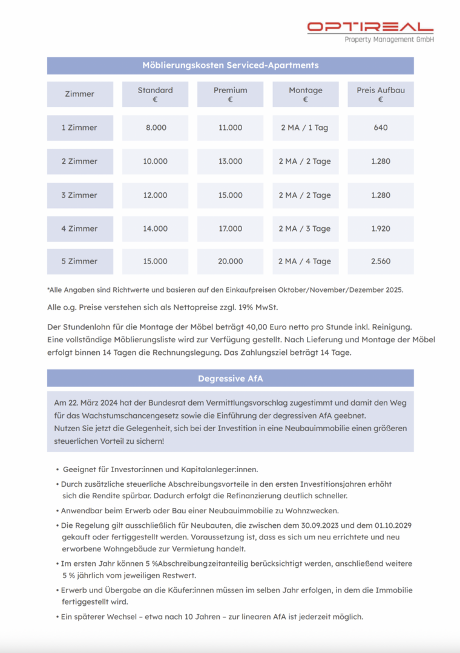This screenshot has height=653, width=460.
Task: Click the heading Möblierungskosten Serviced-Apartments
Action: pos(230,65)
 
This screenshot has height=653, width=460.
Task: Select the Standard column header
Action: pos(155,94)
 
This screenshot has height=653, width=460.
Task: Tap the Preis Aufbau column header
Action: pos(380,94)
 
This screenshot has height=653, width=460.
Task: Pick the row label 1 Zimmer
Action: pos(79,128)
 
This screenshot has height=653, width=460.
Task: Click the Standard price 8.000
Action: pos(156,128)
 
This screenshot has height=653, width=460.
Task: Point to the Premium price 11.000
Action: pos(230,128)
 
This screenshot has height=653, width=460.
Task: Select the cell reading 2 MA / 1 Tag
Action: pos(304,128)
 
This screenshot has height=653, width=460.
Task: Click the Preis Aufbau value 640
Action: pos(381,128)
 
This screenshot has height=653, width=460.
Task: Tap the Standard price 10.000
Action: pos(155,161)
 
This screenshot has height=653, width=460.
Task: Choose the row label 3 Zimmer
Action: pos(79,195)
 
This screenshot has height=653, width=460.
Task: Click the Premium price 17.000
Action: pos(230,229)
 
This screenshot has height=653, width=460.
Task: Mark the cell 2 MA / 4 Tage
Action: pos(304,261)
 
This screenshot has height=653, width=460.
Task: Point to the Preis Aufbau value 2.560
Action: pos(381,261)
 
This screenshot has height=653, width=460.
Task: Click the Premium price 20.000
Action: pos(230,261)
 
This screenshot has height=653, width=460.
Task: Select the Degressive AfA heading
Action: pos(230,378)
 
